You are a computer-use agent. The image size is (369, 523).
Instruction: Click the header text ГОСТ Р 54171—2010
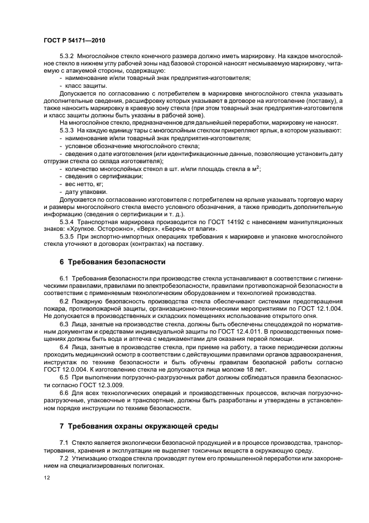[x=74, y=41]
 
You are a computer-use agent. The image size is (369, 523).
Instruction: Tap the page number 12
[x=46, y=478]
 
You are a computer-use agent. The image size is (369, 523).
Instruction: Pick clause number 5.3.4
[x=67, y=222]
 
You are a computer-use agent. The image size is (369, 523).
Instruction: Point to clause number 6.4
[x=63, y=346]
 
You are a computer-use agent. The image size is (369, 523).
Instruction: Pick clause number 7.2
[x=63, y=457]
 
